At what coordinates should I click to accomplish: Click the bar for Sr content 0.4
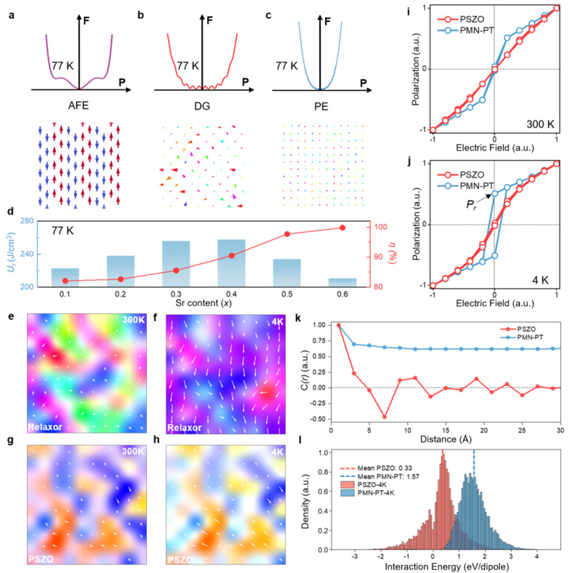231,263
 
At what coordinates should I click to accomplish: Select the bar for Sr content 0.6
342,282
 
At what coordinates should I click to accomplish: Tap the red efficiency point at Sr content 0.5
287,234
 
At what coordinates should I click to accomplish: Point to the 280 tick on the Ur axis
27,221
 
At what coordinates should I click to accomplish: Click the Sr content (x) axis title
203,303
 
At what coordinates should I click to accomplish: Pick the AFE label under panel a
78,105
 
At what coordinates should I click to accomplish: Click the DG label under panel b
202,106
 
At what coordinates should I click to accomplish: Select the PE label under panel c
321,106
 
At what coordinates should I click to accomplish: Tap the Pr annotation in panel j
471,205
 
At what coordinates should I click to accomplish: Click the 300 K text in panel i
541,124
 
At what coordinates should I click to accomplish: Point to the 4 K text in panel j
540,280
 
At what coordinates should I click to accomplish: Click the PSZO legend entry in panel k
518,329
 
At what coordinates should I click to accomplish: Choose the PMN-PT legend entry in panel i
466,30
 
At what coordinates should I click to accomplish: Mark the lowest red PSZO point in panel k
385,417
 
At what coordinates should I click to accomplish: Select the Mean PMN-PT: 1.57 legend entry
380,476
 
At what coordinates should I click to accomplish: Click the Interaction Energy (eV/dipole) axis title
447,567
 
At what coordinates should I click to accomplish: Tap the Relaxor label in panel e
45,427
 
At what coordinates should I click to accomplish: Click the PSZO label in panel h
180,559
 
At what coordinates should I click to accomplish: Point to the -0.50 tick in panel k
318,419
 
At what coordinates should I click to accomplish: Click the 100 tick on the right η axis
380,227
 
